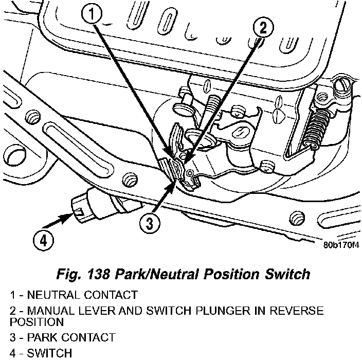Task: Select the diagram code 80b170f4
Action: (x=340, y=244)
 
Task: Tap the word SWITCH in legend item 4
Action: (x=47, y=353)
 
